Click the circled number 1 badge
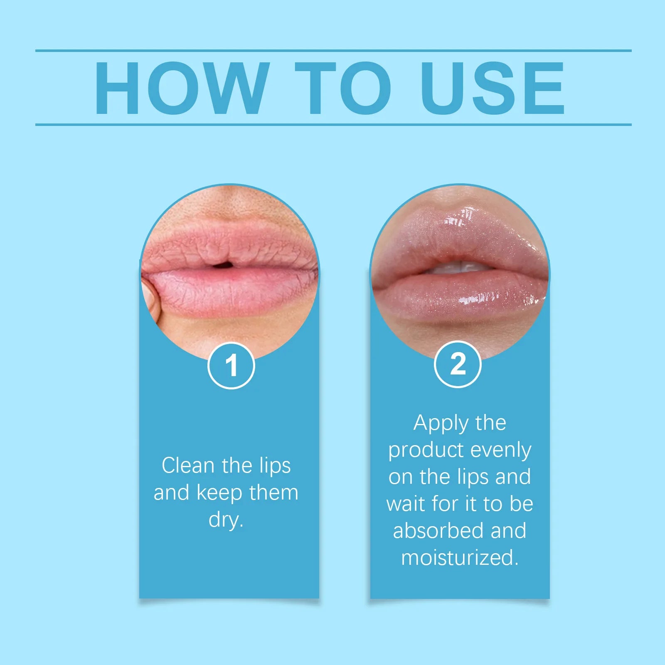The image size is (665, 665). coord(231,365)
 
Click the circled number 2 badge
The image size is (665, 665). coord(458,364)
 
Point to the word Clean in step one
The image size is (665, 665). coord(188,465)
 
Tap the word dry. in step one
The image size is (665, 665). coord(226,520)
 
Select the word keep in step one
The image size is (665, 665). coord(219,493)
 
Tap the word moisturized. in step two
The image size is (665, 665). coord(460,558)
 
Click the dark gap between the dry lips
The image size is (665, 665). coord(223,264)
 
